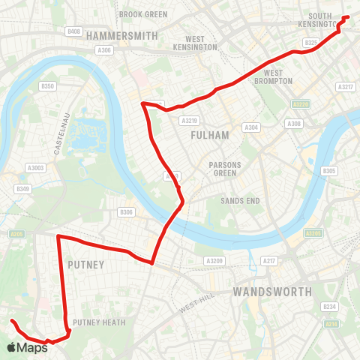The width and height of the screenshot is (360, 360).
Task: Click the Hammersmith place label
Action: [x=122, y=36]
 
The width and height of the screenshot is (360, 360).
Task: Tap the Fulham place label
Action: [x=205, y=136]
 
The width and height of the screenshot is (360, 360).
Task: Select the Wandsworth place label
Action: [x=271, y=291]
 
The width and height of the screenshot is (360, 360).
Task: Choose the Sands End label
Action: [x=239, y=201]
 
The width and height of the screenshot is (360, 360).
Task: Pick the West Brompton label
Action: [x=277, y=77]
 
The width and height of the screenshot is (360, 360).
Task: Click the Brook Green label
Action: [x=143, y=14]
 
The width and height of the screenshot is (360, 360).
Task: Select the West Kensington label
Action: [x=195, y=43]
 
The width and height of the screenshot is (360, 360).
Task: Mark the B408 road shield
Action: [x=73, y=31]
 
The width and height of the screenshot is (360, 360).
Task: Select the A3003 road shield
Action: [x=35, y=168]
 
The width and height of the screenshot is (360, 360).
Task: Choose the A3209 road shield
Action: [x=214, y=260]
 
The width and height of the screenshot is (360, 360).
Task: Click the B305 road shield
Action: [x=329, y=171]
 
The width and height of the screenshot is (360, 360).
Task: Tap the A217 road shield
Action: [x=268, y=260]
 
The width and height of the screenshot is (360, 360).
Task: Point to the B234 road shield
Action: [x=328, y=306]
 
